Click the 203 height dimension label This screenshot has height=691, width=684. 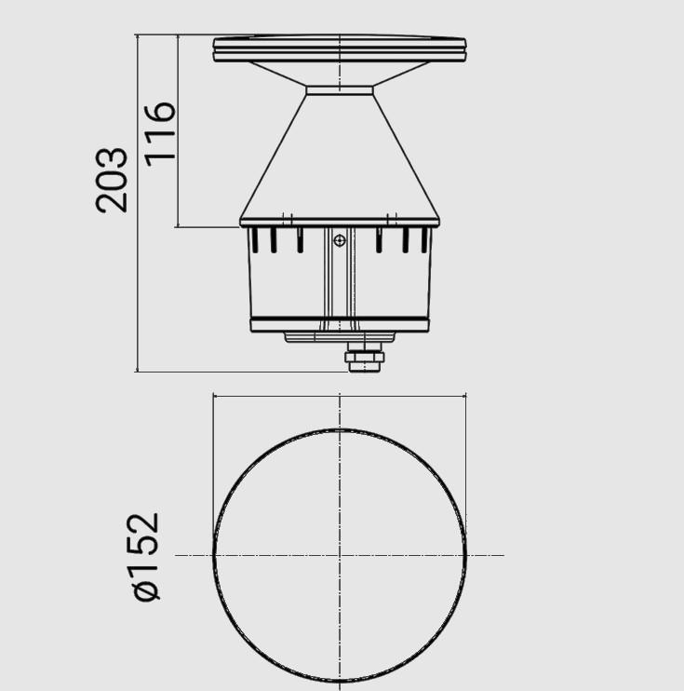(113, 180)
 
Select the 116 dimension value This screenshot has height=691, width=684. (160, 131)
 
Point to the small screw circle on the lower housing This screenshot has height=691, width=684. (340, 241)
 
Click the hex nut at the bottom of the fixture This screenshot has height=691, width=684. (364, 358)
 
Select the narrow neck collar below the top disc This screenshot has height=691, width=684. (340, 90)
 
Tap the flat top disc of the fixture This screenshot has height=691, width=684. (340, 48)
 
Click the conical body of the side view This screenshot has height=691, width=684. (340, 158)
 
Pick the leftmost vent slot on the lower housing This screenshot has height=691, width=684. (250, 240)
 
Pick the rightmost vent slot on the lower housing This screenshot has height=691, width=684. (425, 240)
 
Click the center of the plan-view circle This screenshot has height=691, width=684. (340, 556)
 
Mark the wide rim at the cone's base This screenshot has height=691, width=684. (340, 222)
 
